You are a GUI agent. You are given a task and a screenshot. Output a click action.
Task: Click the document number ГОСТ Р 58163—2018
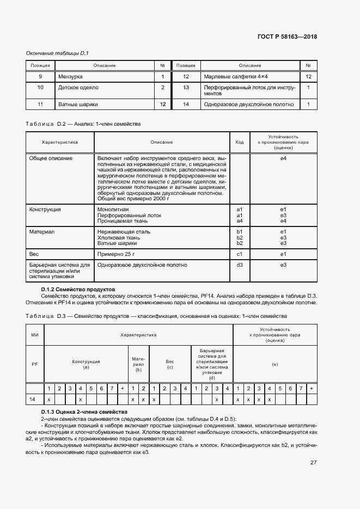point(287,37)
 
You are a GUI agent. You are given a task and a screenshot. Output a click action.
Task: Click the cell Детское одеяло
point(77,87)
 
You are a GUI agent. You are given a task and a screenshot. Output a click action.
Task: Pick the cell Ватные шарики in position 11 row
point(76,104)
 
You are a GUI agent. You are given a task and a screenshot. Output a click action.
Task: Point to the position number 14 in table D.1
point(186,104)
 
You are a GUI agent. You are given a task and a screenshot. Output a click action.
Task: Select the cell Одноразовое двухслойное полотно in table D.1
point(248,104)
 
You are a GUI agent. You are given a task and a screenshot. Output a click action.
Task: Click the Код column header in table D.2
point(239,142)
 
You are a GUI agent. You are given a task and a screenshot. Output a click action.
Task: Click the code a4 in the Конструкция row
point(239,220)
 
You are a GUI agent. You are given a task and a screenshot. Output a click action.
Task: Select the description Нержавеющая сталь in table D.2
point(124,231)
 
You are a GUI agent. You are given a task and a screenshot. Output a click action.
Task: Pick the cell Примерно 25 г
point(115,254)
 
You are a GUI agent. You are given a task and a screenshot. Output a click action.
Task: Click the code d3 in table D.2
point(239,265)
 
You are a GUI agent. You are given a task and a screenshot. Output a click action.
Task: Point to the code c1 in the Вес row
point(239,254)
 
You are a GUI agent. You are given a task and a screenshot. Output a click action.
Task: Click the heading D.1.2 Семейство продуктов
point(78,289)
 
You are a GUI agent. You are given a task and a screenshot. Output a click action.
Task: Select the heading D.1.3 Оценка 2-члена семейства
point(84,412)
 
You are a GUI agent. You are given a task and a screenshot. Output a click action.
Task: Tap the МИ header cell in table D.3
point(35,335)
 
